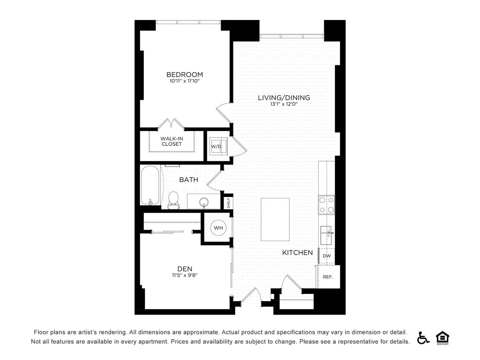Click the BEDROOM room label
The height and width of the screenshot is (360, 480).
coord(184,75)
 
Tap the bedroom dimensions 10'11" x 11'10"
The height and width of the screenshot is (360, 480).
coord(184,81)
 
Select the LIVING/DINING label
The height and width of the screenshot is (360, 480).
coord(284,98)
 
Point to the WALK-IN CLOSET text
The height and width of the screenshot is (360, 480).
coord(172,141)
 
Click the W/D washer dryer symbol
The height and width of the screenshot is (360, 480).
coord(216,146)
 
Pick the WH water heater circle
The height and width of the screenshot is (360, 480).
coord(218,228)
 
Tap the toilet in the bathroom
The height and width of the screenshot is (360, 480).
coord(173,200)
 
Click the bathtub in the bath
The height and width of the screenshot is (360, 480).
coord(150,186)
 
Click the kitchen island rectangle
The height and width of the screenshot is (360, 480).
coord(275,219)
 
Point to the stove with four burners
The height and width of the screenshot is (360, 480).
coord(326,205)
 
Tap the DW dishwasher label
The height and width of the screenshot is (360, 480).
coord(327,256)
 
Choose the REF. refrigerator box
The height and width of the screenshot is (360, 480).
coord(328,277)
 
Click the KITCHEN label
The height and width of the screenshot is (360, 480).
coord(297,253)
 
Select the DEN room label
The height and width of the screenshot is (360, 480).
coord(185,269)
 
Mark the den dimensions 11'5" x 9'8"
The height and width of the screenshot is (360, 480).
coord(185,275)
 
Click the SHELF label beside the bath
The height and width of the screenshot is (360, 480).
coord(229,202)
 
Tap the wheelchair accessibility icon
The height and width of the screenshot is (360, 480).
coord(423,337)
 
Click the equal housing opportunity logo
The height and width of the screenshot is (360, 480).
coord(442,337)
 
